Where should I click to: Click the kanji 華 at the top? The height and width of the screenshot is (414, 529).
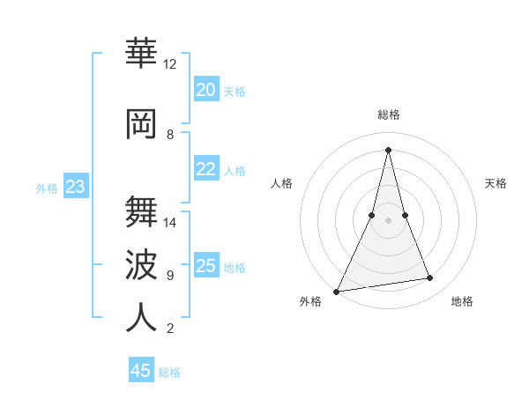pyautogui.click(x=141, y=53)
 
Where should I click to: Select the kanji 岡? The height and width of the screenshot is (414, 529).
pyautogui.click(x=141, y=124)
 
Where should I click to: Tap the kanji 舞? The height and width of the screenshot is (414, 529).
pyautogui.click(x=141, y=211)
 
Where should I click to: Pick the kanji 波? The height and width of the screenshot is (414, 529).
pyautogui.click(x=141, y=264)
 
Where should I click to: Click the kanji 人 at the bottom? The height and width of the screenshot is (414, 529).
pyautogui.click(x=141, y=317)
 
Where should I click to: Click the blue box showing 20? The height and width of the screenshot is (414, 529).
pyautogui.click(x=206, y=90)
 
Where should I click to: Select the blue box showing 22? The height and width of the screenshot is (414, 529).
pyautogui.click(x=206, y=169)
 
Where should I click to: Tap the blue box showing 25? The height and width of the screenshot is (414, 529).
pyautogui.click(x=206, y=266)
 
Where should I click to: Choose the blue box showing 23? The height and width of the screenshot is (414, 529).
pyautogui.click(x=76, y=187)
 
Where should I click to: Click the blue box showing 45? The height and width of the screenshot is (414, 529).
pyautogui.click(x=141, y=371)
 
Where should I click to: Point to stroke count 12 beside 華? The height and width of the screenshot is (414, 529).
pyautogui.click(x=169, y=64)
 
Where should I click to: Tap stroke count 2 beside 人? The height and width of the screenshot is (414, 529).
pyautogui.click(x=169, y=329)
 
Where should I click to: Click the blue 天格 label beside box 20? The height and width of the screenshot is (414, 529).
pyautogui.click(x=235, y=91)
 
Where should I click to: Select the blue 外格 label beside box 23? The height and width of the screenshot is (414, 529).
pyautogui.click(x=47, y=188)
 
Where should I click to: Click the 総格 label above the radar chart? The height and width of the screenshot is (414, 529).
pyautogui.click(x=388, y=115)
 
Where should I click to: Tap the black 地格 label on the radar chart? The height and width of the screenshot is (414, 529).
pyautogui.click(x=462, y=301)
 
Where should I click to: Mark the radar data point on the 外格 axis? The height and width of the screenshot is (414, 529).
pyautogui.click(x=337, y=291)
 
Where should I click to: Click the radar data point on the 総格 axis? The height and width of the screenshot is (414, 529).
pyautogui.click(x=388, y=150)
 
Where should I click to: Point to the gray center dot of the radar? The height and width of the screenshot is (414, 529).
pyautogui.click(x=388, y=220)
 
